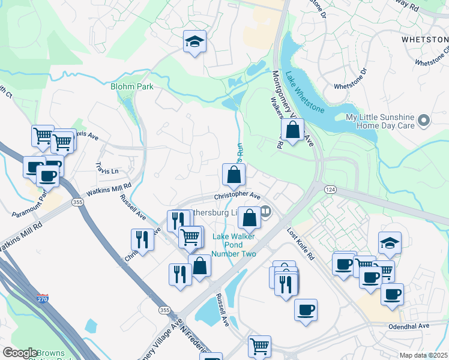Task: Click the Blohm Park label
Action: pos(131,86)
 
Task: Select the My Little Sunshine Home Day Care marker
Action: pos(424,121)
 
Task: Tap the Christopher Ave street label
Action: pos(238,196)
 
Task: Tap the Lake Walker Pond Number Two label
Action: pos(235,245)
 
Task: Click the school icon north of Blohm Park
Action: pos(194,41)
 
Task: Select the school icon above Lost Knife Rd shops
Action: pos(390,243)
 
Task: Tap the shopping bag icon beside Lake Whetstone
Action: pos(292,129)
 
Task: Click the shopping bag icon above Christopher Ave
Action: pos(234,175)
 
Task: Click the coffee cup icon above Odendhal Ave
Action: pos(306,310)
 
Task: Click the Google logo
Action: pos(20,353)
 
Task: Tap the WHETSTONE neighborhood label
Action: pos(424,39)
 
